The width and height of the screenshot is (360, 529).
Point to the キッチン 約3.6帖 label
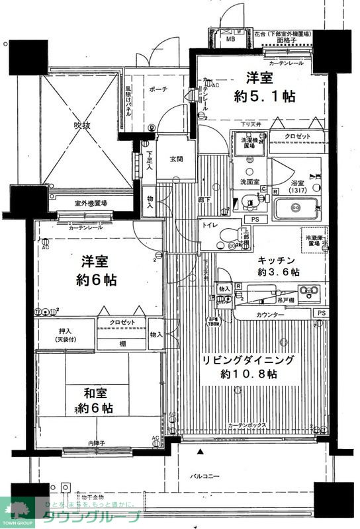point(278,265)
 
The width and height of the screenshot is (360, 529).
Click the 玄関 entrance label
point(176,159)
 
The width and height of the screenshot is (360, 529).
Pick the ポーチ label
point(159,89)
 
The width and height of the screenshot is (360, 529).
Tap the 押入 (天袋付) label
point(66,335)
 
